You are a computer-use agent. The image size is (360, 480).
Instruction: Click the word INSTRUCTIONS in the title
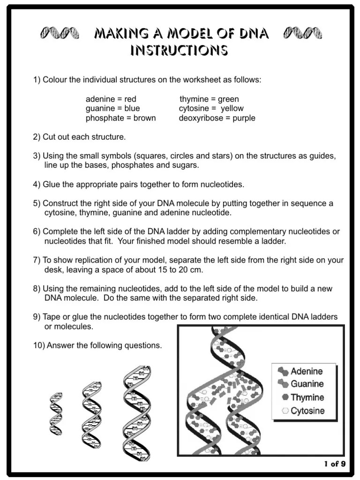[179, 50]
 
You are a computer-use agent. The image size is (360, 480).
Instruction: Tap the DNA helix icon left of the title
[59, 33]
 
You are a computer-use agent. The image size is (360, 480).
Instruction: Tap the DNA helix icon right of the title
[303, 33]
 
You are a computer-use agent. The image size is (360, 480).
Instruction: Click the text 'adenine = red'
[111, 99]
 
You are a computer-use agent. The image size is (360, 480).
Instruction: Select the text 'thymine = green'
[209, 99]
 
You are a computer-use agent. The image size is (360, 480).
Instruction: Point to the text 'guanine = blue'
[112, 108]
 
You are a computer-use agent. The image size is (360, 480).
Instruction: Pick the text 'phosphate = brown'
[120, 118]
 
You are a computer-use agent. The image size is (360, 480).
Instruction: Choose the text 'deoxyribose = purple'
[217, 118]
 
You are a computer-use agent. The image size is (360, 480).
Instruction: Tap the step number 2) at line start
[37, 137]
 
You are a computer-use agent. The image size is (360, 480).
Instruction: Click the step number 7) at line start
[37, 260]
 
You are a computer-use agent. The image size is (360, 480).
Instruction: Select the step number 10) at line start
[39, 345]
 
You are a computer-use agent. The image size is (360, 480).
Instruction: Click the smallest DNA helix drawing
[56, 413]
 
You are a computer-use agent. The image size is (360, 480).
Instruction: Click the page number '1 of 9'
[335, 464]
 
